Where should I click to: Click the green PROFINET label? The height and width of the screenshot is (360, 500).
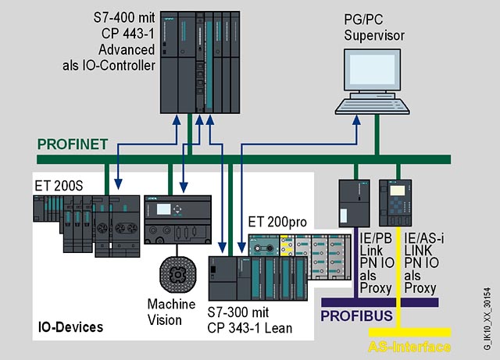[71, 144]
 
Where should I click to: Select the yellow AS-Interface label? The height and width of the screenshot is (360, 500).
[409, 347]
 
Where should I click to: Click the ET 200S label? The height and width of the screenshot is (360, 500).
[58, 186]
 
